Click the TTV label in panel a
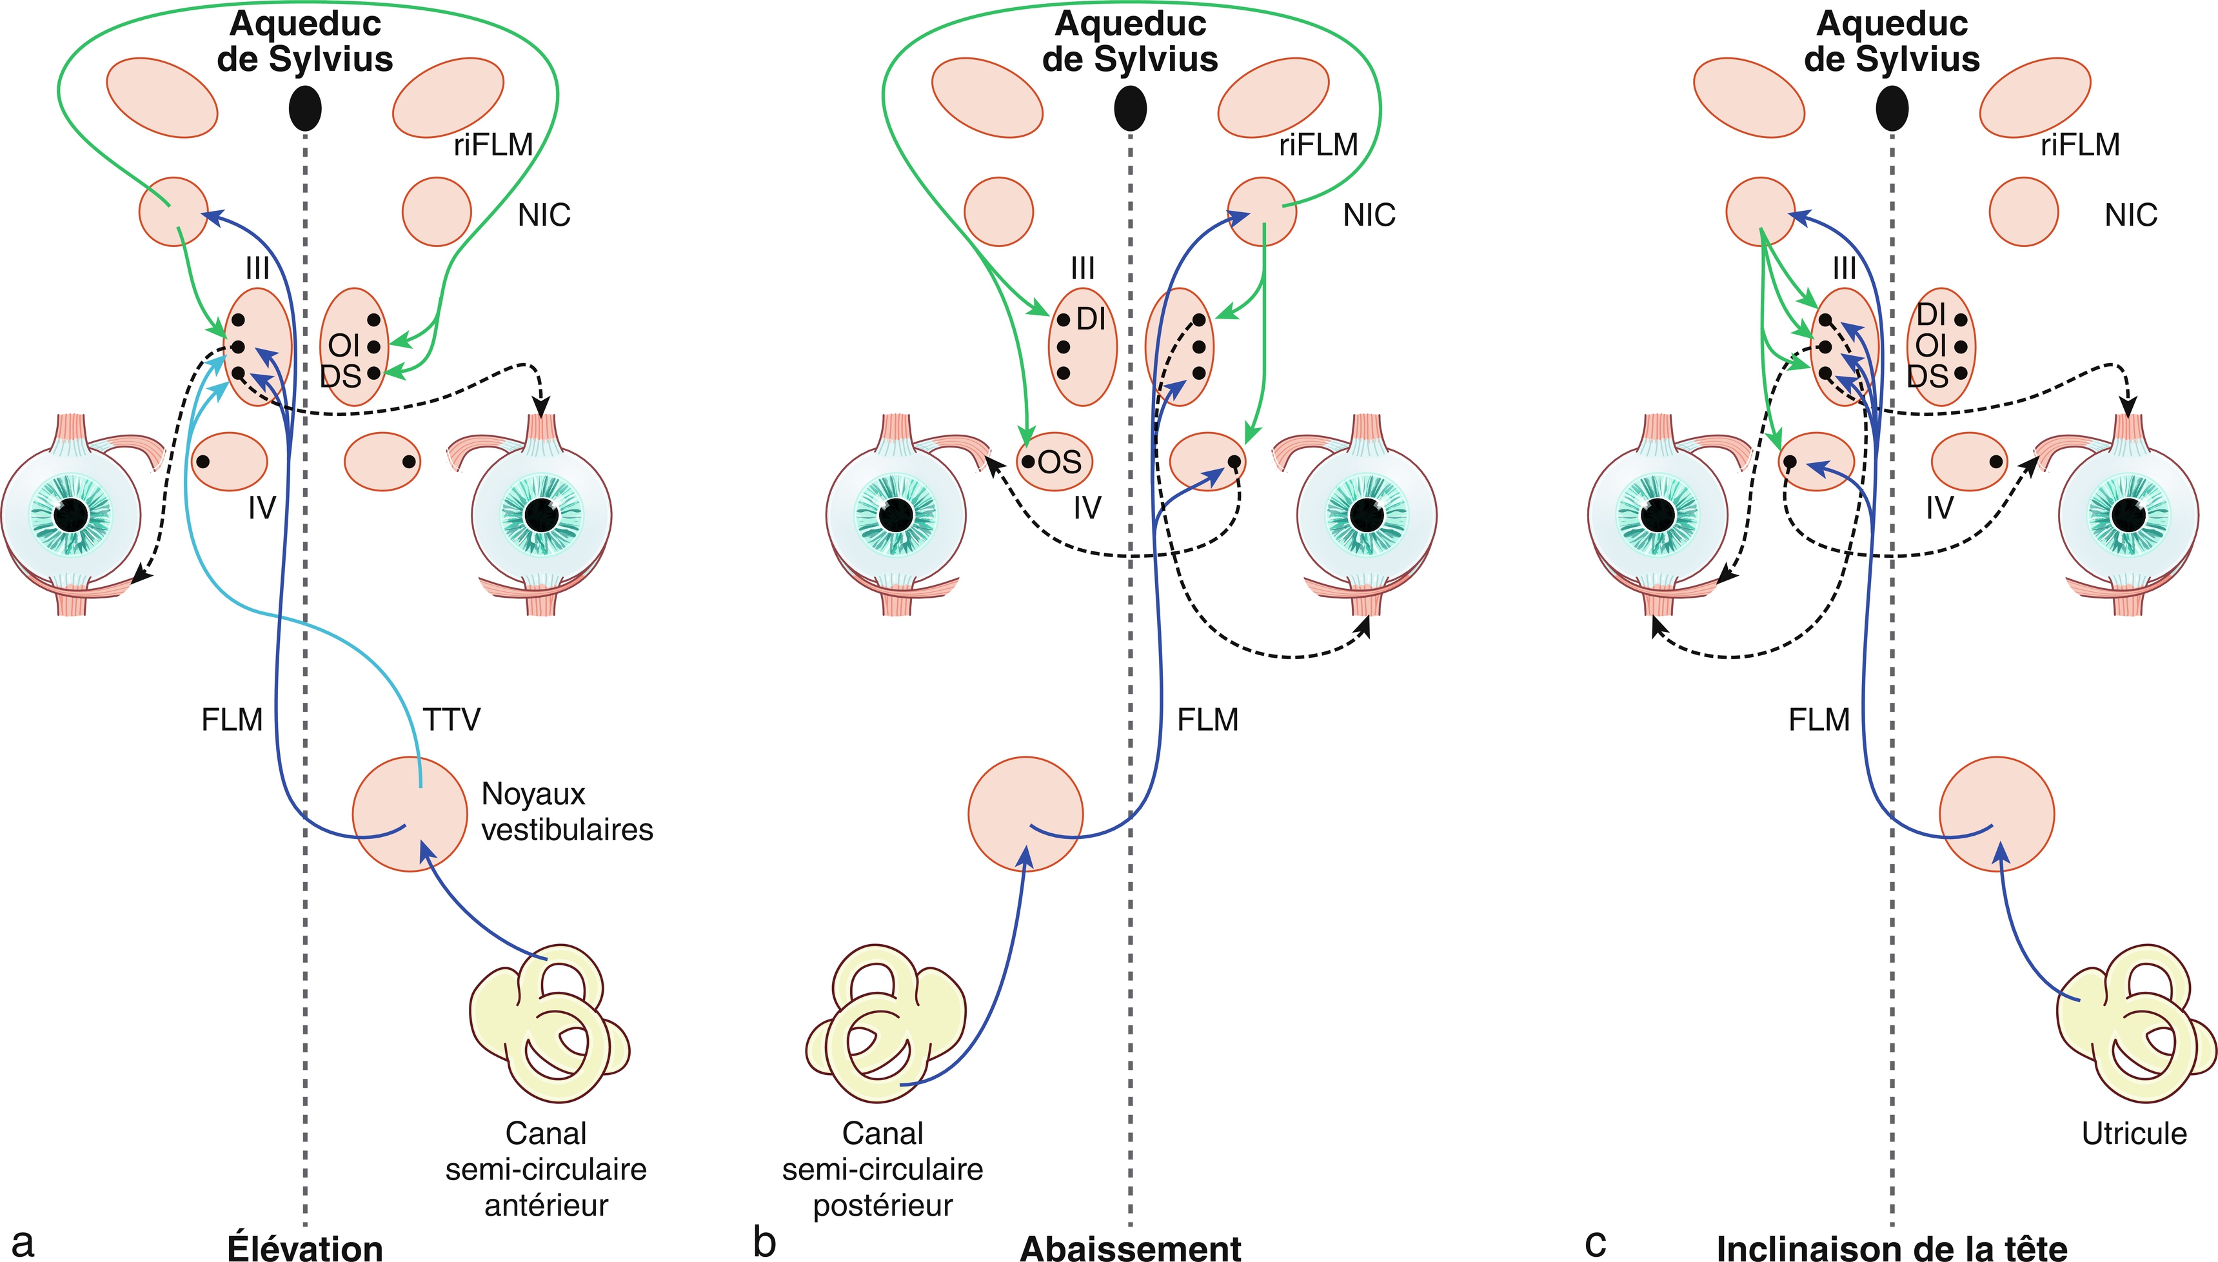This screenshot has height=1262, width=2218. [x=451, y=720]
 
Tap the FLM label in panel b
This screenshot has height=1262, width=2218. [x=1207, y=720]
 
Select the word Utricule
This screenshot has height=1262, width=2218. [x=2134, y=1133]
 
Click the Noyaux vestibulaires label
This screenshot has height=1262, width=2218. [x=567, y=811]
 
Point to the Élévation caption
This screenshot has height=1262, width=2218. [x=305, y=1248]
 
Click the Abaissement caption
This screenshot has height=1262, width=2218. [x=1130, y=1248]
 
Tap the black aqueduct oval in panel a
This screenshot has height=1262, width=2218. [x=304, y=108]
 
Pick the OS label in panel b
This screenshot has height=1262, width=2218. [x=1059, y=462]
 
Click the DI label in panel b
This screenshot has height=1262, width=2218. [x=1091, y=319]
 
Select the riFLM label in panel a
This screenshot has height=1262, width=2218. [x=492, y=144]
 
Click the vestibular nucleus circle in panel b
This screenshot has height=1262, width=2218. [x=1025, y=813]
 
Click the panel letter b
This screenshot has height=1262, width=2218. [x=764, y=1242]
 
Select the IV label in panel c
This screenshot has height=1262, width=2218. [x=1940, y=507]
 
